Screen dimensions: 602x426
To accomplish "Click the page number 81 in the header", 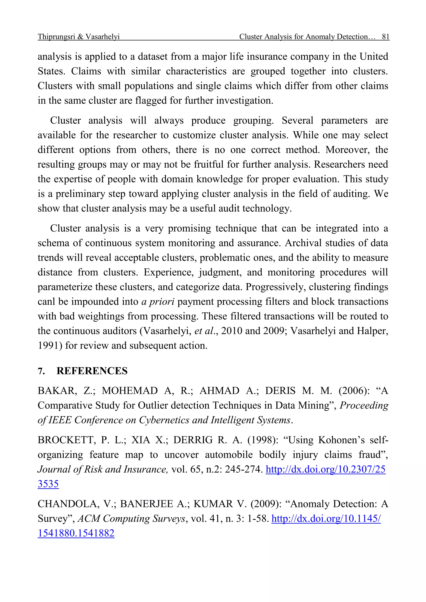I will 385,37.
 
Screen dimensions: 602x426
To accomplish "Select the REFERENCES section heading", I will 92,371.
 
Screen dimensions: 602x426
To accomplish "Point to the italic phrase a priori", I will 158,302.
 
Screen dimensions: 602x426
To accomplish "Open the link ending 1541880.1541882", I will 76,533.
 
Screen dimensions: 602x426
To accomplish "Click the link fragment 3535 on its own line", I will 48,484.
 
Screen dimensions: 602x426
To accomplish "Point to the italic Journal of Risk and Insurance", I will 103,469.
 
